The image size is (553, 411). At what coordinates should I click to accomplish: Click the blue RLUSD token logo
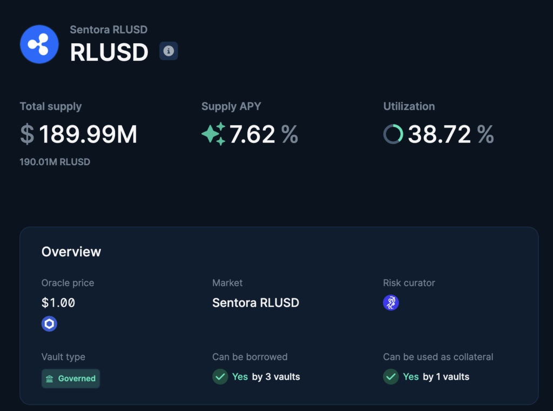click(39, 44)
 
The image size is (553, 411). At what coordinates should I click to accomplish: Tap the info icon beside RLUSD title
click(168, 51)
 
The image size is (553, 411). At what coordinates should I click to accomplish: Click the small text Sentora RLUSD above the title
click(109, 30)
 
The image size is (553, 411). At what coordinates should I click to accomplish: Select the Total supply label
click(51, 106)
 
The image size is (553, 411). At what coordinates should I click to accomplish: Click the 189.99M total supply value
click(87, 134)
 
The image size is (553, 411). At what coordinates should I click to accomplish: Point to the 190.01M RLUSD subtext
click(55, 162)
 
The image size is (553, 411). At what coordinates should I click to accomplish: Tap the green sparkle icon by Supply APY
click(213, 134)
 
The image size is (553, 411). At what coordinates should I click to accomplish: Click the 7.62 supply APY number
click(252, 134)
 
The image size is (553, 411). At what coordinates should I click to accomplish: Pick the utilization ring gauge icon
click(393, 134)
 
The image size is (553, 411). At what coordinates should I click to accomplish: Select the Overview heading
click(71, 251)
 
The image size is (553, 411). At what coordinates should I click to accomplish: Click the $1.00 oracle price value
click(58, 303)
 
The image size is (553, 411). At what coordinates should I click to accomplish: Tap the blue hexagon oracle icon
click(49, 324)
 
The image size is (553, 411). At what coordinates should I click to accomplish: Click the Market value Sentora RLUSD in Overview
click(255, 303)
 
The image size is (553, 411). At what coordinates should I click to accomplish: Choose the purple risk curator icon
click(390, 303)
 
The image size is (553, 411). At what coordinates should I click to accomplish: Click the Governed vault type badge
click(71, 378)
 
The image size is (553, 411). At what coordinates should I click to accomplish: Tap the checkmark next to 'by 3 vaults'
click(220, 376)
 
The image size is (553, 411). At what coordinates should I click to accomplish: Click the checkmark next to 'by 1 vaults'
click(390, 376)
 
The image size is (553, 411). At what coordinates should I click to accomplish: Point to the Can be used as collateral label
click(438, 357)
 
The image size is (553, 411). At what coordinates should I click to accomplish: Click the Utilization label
click(409, 106)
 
